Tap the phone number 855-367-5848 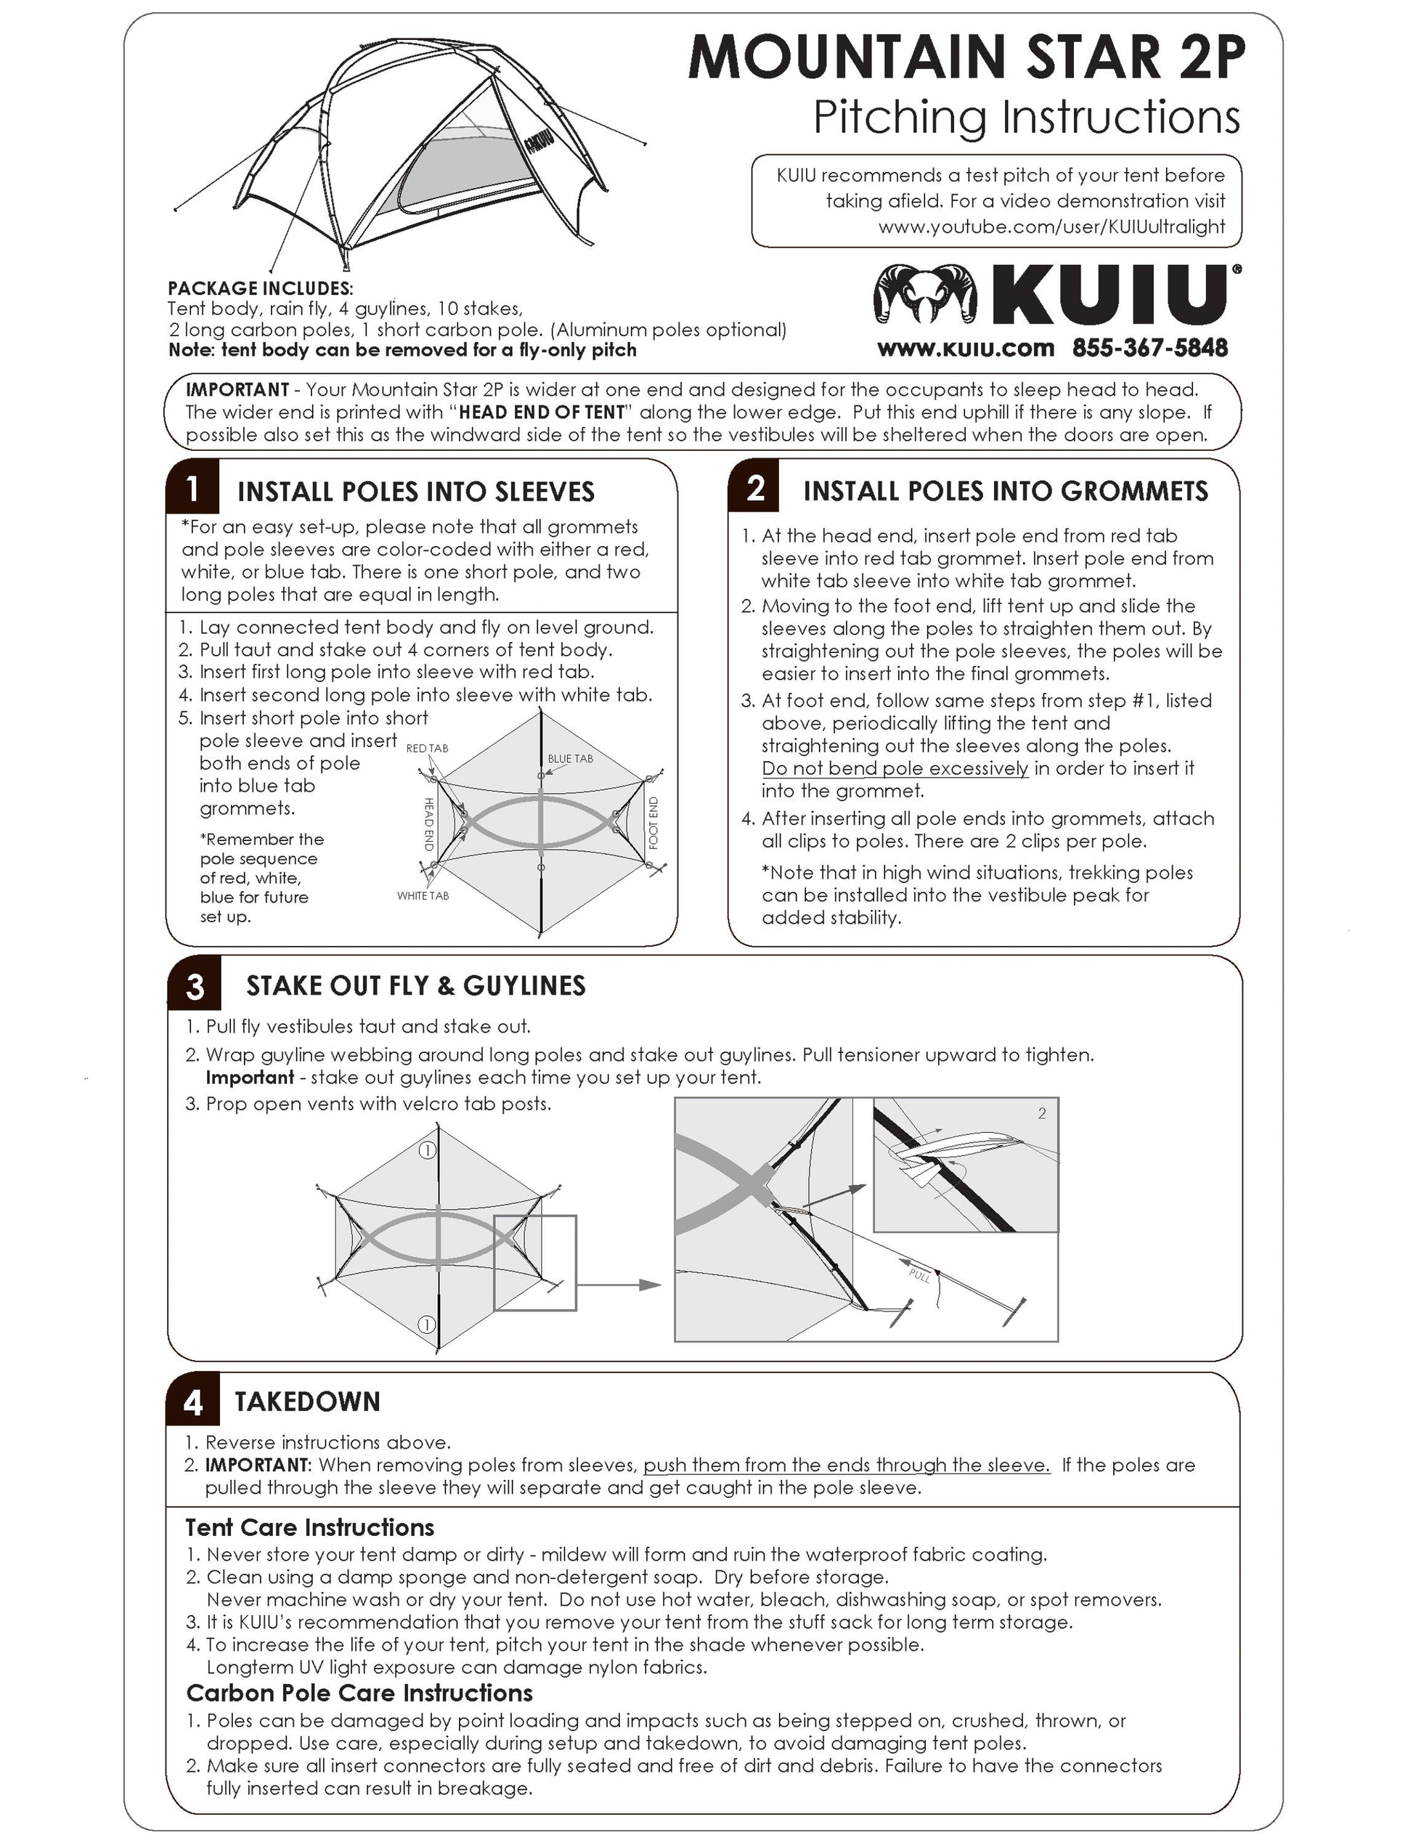[x=1149, y=349]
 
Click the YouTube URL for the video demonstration [x=1051, y=227]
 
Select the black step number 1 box [x=192, y=488]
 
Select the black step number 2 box [x=754, y=487]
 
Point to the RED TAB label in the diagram [x=427, y=749]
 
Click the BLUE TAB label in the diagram [x=570, y=759]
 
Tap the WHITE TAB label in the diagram [x=423, y=896]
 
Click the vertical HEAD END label [x=428, y=824]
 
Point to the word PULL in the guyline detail [x=919, y=1275]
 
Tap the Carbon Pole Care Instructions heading [x=359, y=1693]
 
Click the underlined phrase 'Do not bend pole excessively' [x=894, y=768]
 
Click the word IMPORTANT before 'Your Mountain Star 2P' [x=237, y=389]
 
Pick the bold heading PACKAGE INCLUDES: [x=260, y=288]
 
